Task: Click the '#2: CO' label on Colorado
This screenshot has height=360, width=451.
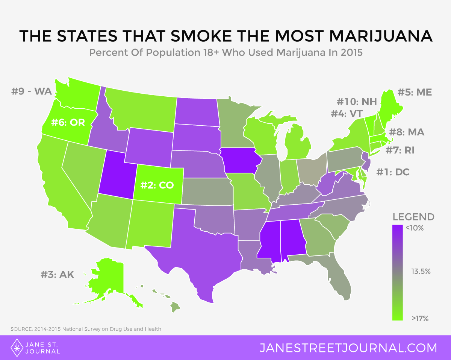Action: pos(159,185)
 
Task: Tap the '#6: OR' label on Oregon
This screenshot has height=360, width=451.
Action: pos(68,123)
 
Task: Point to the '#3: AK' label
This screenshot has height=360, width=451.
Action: pos(58,274)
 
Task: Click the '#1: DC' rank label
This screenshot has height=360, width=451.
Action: pos(393,172)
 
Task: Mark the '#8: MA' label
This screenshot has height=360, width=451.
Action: pos(407,132)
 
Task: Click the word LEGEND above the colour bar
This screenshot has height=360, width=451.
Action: pos(413,217)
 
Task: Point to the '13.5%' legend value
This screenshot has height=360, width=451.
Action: pos(421,271)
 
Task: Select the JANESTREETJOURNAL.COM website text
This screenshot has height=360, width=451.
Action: pos(348,348)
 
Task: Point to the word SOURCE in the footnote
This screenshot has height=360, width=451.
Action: pos(21,329)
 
